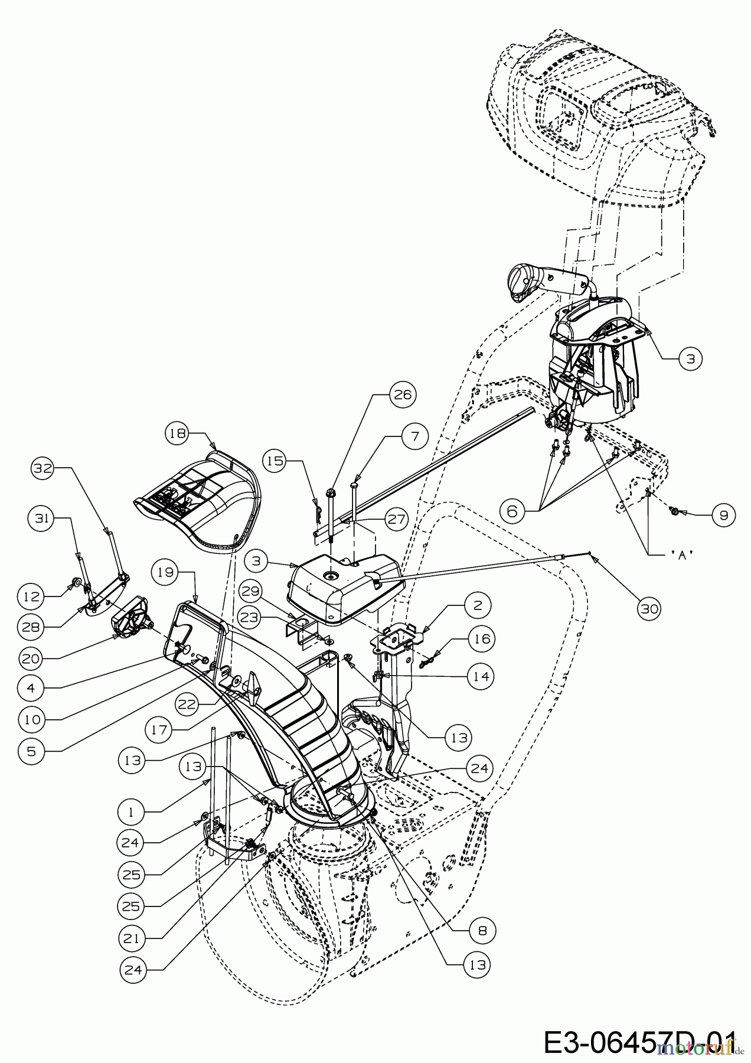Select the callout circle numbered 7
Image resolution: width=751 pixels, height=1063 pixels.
point(414,436)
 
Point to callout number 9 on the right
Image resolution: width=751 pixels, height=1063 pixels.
point(723,514)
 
